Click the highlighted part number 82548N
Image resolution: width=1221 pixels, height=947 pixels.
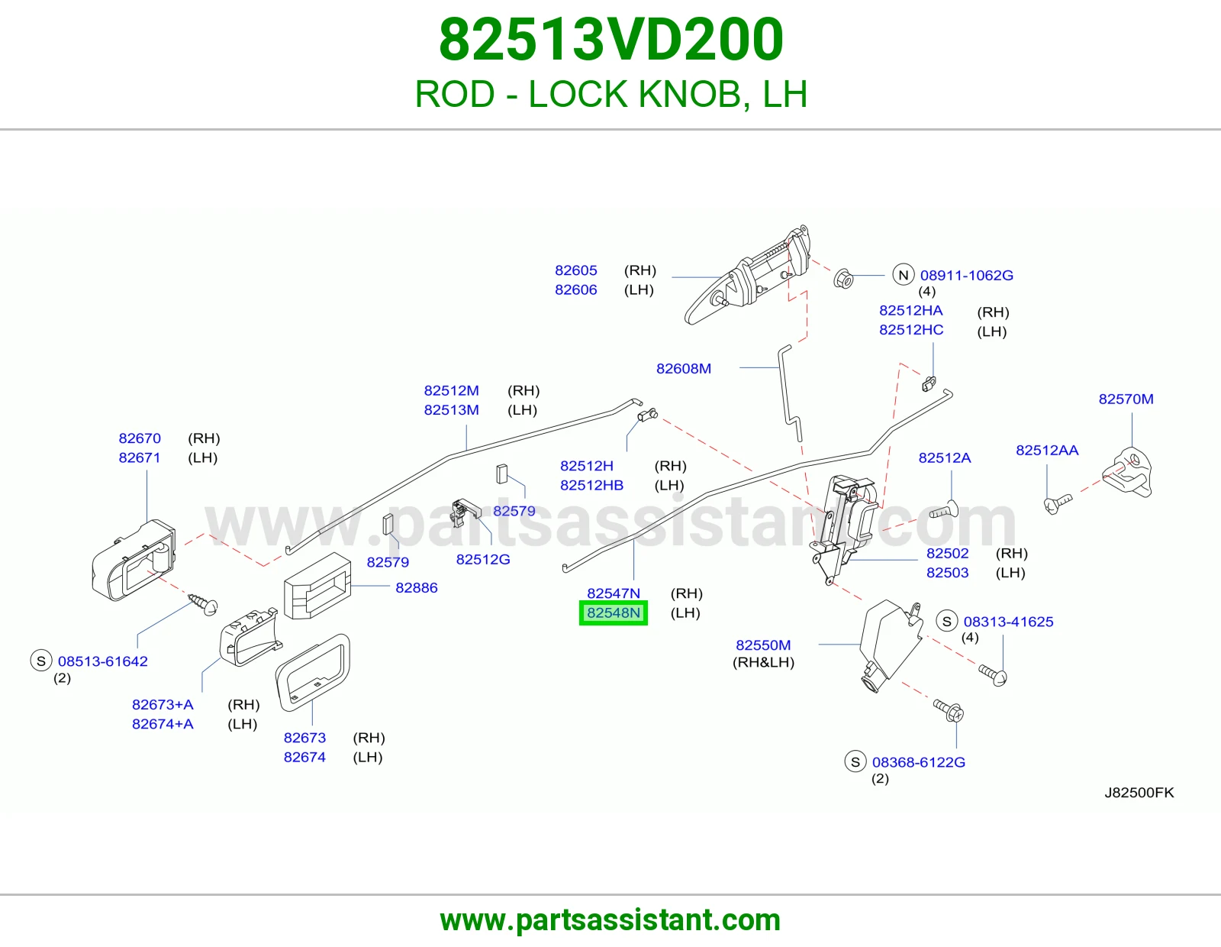pyautogui.click(x=613, y=612)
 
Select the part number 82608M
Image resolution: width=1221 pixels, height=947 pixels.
pyautogui.click(x=683, y=368)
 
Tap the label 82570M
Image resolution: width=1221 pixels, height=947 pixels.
pyautogui.click(x=1126, y=399)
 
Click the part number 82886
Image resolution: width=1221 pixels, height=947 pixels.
pyautogui.click(x=417, y=587)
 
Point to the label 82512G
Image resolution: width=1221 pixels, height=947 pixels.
pyautogui.click(x=483, y=559)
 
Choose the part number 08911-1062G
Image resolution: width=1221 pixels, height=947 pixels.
pyautogui.click(x=966, y=275)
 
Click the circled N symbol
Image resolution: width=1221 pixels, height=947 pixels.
pyautogui.click(x=903, y=275)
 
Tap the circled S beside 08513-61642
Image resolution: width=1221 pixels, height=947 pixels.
pyautogui.click(x=41, y=661)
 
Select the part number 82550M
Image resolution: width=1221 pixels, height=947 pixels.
pyautogui.click(x=763, y=645)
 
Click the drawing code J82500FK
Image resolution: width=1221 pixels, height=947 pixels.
pyautogui.click(x=1139, y=793)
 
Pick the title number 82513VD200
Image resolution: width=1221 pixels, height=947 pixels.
pyautogui.click(x=610, y=39)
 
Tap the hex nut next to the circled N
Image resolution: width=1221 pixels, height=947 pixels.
pyautogui.click(x=842, y=278)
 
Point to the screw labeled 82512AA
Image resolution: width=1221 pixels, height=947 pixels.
pyautogui.click(x=1058, y=503)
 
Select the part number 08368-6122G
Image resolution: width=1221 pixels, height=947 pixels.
pyautogui.click(x=919, y=762)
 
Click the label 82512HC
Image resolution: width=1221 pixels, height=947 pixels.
pyautogui.click(x=911, y=329)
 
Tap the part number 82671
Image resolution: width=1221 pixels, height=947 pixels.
pyautogui.click(x=140, y=457)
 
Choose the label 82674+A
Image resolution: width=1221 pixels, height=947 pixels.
pyautogui.click(x=163, y=724)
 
